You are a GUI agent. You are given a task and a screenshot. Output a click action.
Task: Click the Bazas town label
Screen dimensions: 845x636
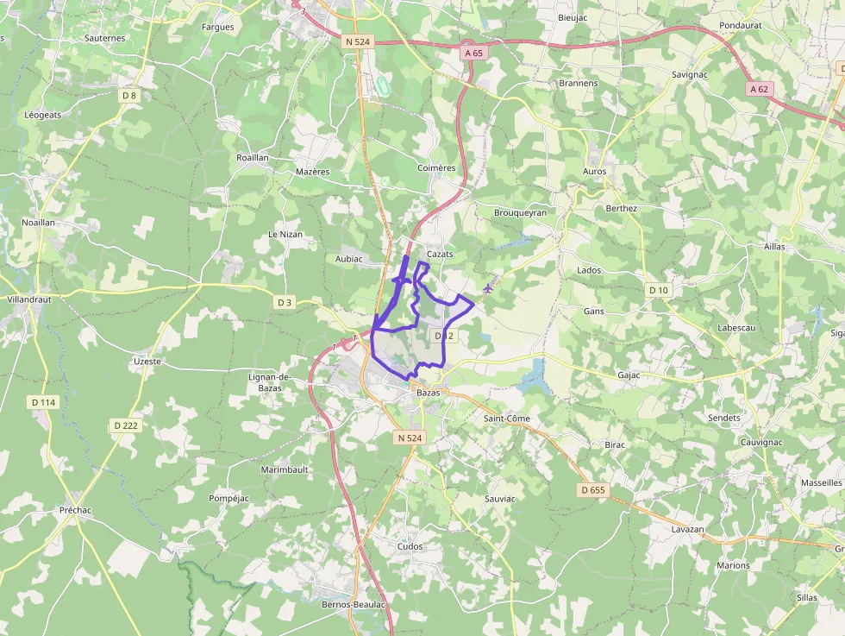(428, 393)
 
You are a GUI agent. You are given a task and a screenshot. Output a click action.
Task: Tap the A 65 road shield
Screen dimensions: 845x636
(474, 53)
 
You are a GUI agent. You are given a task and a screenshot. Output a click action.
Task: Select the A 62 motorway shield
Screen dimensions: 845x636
(759, 89)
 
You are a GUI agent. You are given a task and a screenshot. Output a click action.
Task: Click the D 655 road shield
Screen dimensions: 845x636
(593, 490)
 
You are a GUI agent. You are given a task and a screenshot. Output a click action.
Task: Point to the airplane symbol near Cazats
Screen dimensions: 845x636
(489, 287)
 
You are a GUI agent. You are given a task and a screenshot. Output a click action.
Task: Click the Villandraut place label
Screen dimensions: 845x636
(28, 299)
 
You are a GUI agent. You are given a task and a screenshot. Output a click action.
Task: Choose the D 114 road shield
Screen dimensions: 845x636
(42, 402)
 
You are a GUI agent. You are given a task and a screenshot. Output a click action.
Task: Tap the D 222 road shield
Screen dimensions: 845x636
(125, 425)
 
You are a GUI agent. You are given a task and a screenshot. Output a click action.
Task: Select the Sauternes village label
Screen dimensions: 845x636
(105, 38)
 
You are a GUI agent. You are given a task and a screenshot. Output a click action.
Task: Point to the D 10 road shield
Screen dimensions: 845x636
(658, 290)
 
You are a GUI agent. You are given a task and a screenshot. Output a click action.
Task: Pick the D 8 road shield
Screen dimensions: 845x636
(129, 96)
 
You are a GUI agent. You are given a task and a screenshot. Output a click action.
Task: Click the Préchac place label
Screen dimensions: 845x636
(76, 510)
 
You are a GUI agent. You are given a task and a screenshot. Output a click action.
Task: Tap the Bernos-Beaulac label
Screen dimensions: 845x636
(353, 605)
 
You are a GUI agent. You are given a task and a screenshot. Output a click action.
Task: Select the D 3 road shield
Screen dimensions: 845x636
(285, 302)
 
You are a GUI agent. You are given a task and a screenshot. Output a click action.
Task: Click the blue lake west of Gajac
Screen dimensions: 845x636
(534, 373)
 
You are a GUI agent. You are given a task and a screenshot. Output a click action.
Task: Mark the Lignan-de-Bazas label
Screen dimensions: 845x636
(270, 383)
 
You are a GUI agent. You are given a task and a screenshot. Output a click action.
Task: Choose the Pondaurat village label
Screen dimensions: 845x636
(741, 26)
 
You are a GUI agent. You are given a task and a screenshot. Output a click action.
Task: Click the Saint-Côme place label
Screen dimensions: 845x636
(506, 419)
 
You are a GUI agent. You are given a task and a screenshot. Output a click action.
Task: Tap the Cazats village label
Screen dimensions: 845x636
(440, 254)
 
